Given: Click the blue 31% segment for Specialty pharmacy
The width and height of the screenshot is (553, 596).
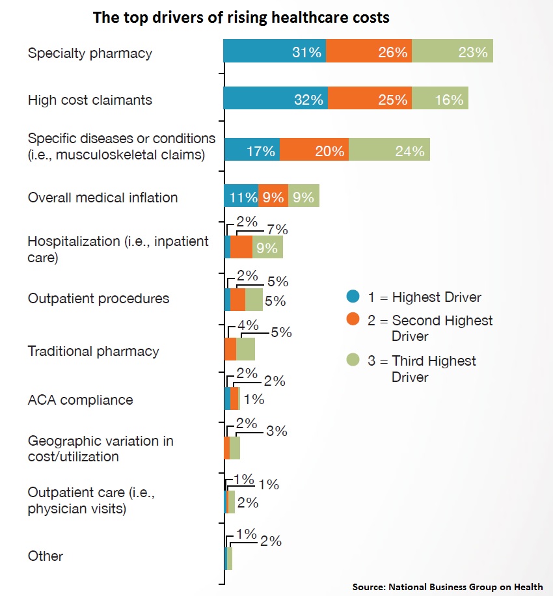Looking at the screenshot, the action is pyautogui.click(x=275, y=51).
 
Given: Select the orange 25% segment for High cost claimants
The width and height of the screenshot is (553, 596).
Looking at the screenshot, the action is pyautogui.click(x=370, y=98).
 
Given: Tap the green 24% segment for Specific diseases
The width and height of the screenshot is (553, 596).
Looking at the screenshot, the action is pyautogui.click(x=389, y=150).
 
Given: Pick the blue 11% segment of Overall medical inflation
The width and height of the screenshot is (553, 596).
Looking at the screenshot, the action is pyautogui.click(x=241, y=196).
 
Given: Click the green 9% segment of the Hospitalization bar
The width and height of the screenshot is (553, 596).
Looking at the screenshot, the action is pyautogui.click(x=267, y=247).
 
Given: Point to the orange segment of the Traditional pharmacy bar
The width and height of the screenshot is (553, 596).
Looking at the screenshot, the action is pyautogui.click(x=230, y=349).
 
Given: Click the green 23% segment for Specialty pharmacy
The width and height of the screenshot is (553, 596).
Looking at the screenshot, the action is pyautogui.click(x=453, y=51).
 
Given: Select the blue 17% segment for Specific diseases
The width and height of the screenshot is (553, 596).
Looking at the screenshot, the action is pyautogui.click(x=252, y=150).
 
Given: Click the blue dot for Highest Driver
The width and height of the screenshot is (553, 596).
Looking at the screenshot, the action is pyautogui.click(x=353, y=296).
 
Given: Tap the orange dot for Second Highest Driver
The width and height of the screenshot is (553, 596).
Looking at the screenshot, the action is pyautogui.click(x=353, y=319).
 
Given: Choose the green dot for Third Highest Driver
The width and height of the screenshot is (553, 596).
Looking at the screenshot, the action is pyautogui.click(x=353, y=360).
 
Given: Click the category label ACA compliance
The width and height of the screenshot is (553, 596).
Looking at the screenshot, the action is pyautogui.click(x=81, y=400).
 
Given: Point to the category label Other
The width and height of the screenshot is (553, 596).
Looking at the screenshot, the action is pyautogui.click(x=46, y=556).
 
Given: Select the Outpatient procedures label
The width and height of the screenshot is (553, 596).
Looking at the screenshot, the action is pyautogui.click(x=98, y=299).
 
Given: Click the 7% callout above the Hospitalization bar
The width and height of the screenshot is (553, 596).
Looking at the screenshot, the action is pyautogui.click(x=277, y=230).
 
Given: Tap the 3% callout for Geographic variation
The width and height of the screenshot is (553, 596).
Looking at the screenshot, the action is pyautogui.click(x=276, y=431).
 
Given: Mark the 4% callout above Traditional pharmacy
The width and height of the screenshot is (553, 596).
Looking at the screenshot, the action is pyautogui.click(x=248, y=325).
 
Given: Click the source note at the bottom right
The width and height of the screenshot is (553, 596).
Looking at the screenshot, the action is pyautogui.click(x=448, y=587).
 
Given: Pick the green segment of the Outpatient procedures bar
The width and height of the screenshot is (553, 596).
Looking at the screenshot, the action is pyautogui.click(x=254, y=299).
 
